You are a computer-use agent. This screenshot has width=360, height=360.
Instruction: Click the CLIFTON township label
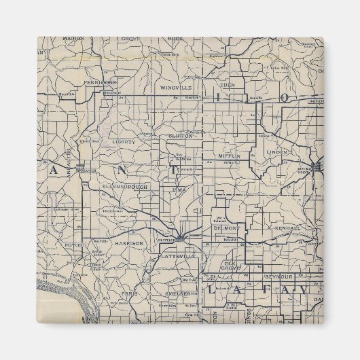181,136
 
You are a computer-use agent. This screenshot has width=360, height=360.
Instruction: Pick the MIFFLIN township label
230,157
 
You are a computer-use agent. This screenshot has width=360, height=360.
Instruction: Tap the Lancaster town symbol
80,167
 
